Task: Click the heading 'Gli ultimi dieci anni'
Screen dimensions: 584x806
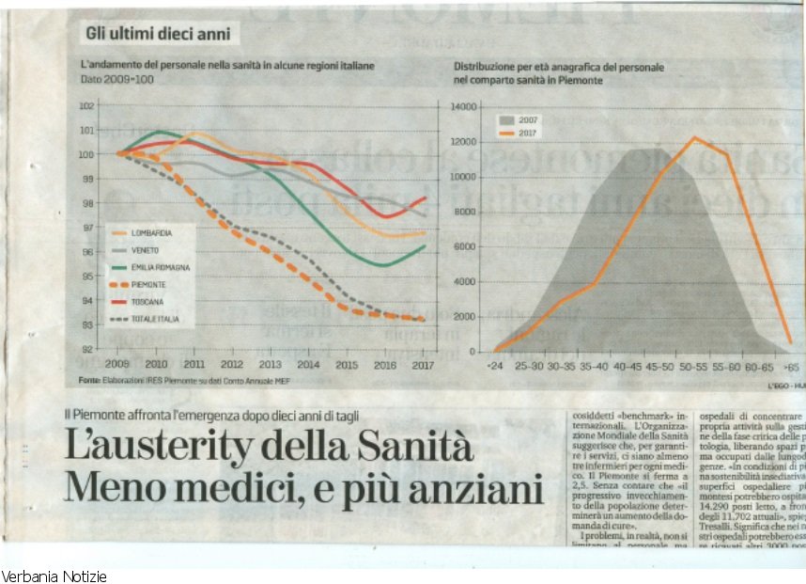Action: [157, 34]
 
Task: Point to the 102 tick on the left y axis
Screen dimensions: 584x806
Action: [86, 106]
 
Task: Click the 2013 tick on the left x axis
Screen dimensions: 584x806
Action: [270, 363]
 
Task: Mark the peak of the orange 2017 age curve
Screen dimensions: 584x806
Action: [694, 138]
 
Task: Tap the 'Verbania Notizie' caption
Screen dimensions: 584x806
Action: [54, 576]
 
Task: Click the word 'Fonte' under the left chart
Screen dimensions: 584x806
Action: [89, 380]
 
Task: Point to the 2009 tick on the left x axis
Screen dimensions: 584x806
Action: [117, 363]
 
